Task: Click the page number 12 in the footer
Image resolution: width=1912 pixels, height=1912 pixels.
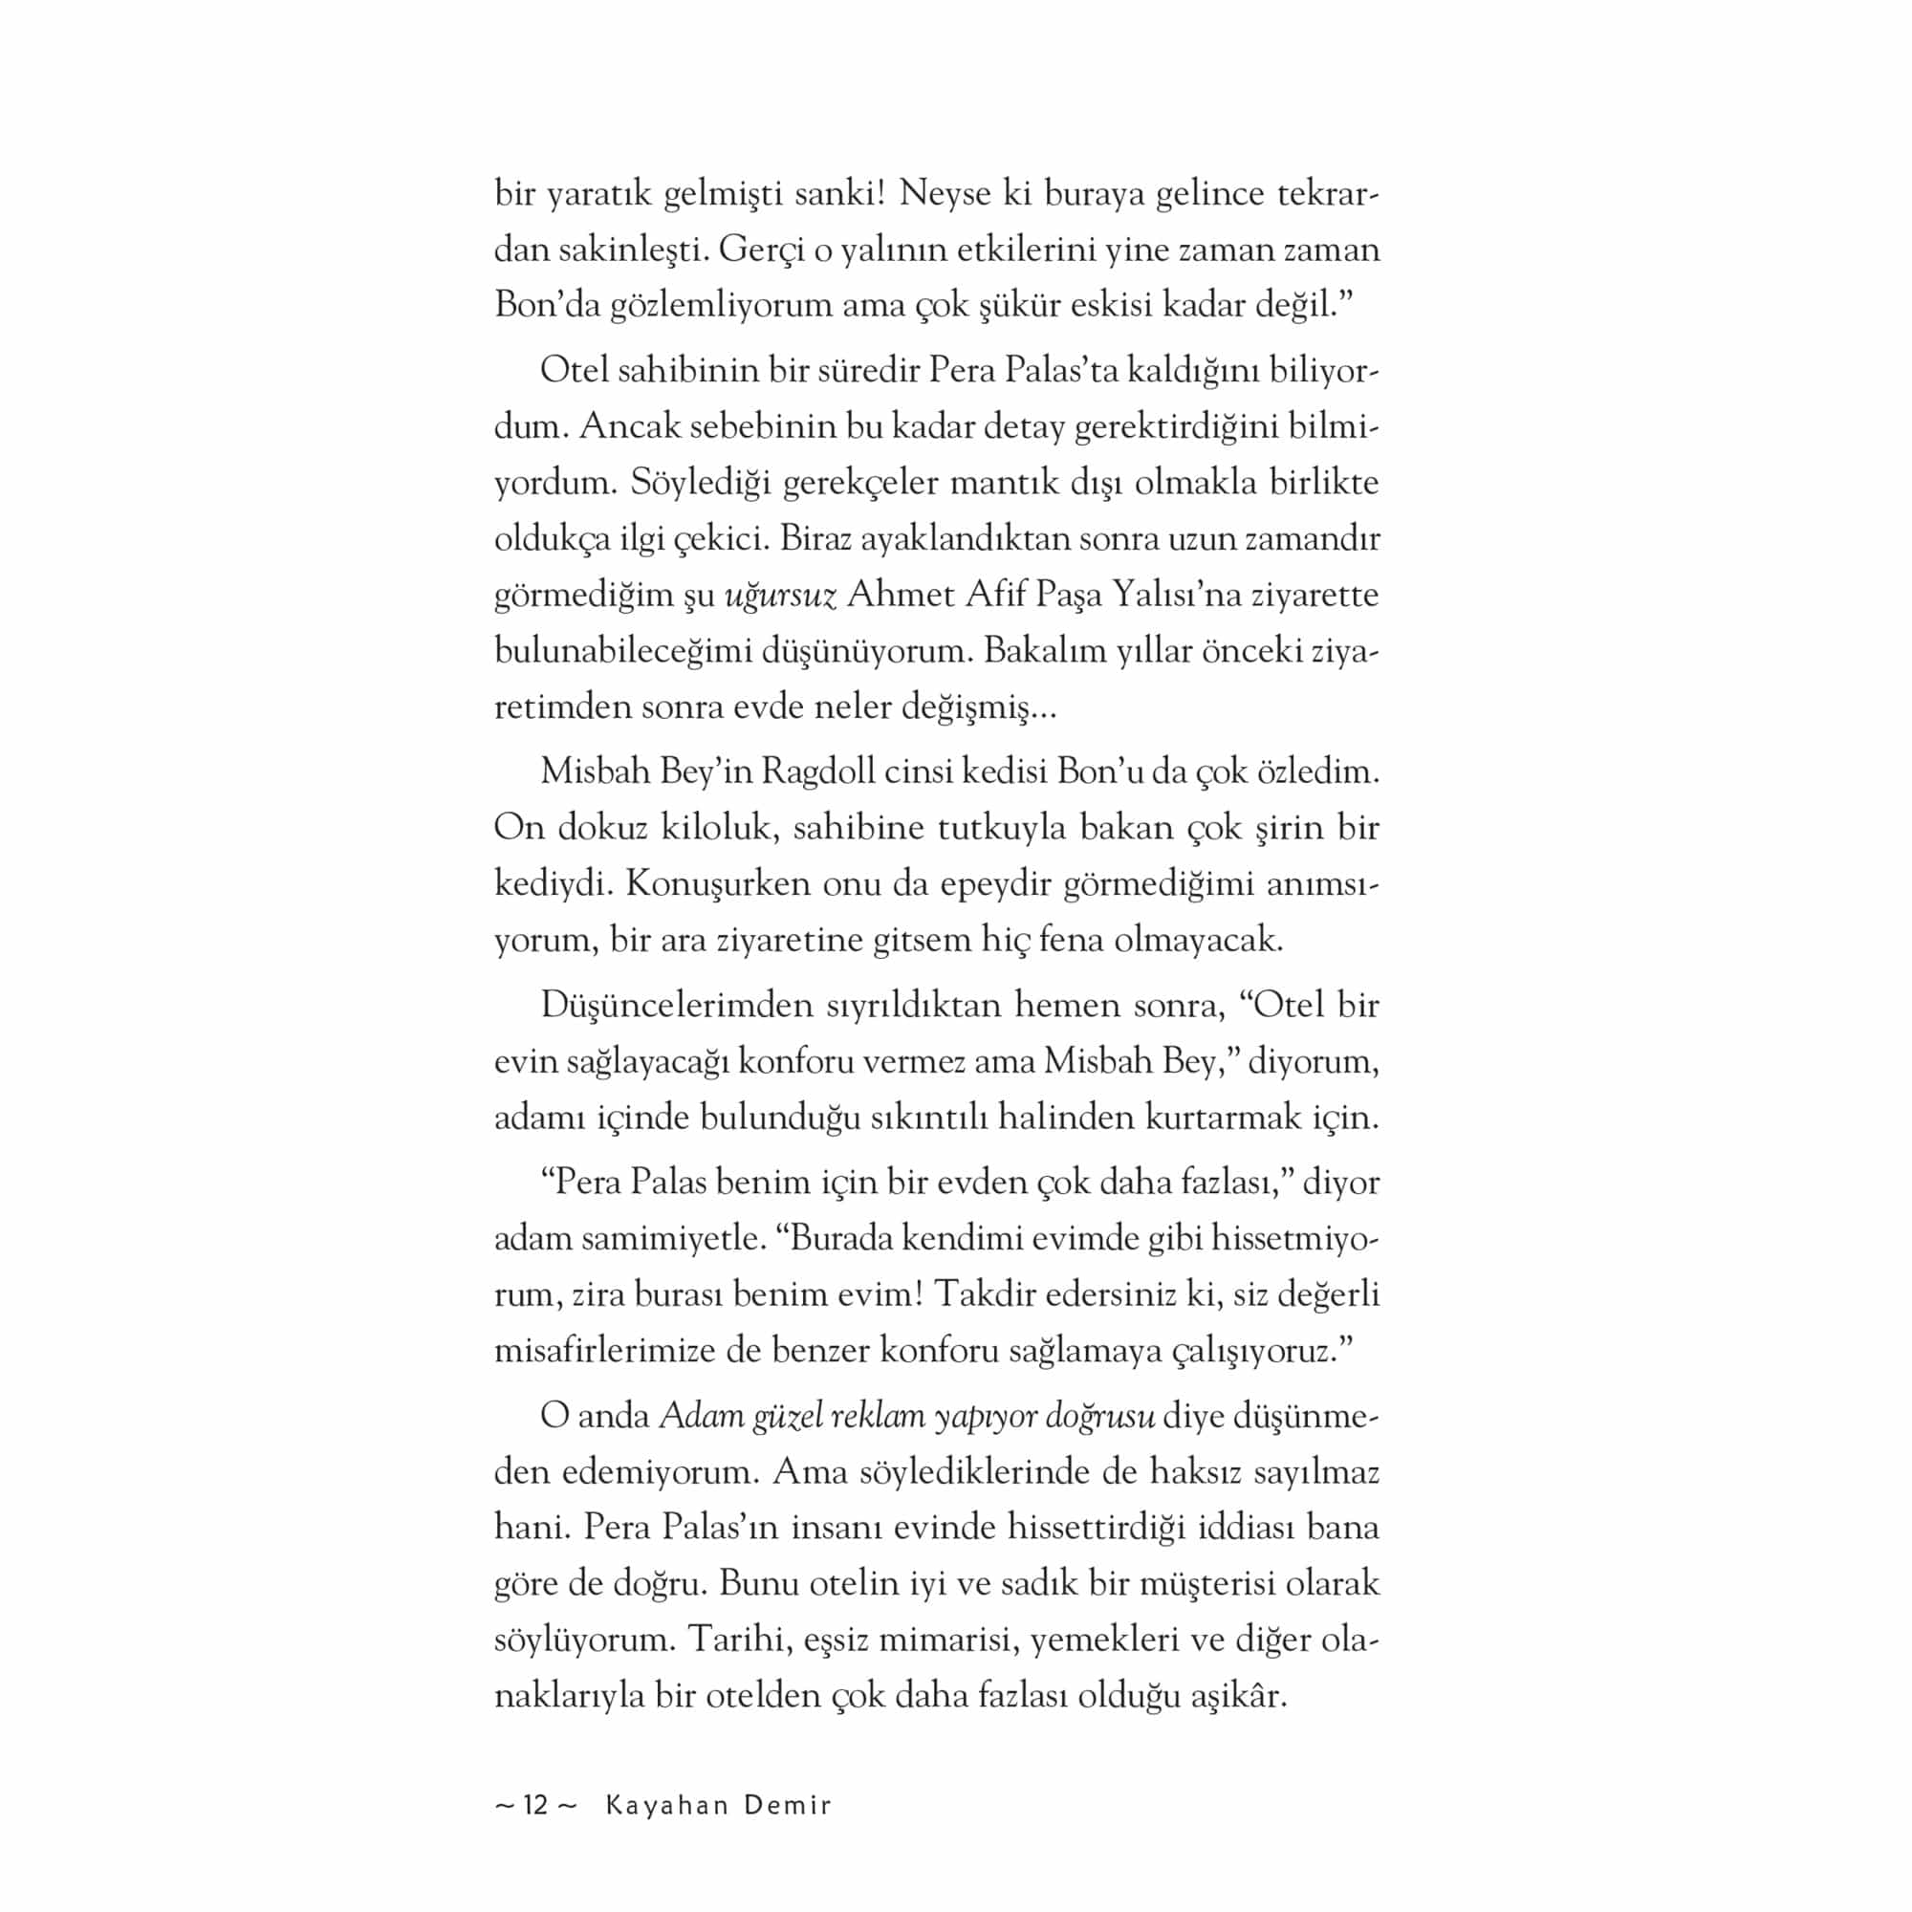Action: [535, 1805]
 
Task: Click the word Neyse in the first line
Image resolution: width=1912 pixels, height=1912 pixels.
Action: [945, 194]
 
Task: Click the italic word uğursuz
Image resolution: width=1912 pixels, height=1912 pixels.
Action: [781, 596]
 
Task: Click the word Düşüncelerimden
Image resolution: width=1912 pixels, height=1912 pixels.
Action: [676, 1006]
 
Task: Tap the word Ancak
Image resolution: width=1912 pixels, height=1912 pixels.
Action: [628, 427]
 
